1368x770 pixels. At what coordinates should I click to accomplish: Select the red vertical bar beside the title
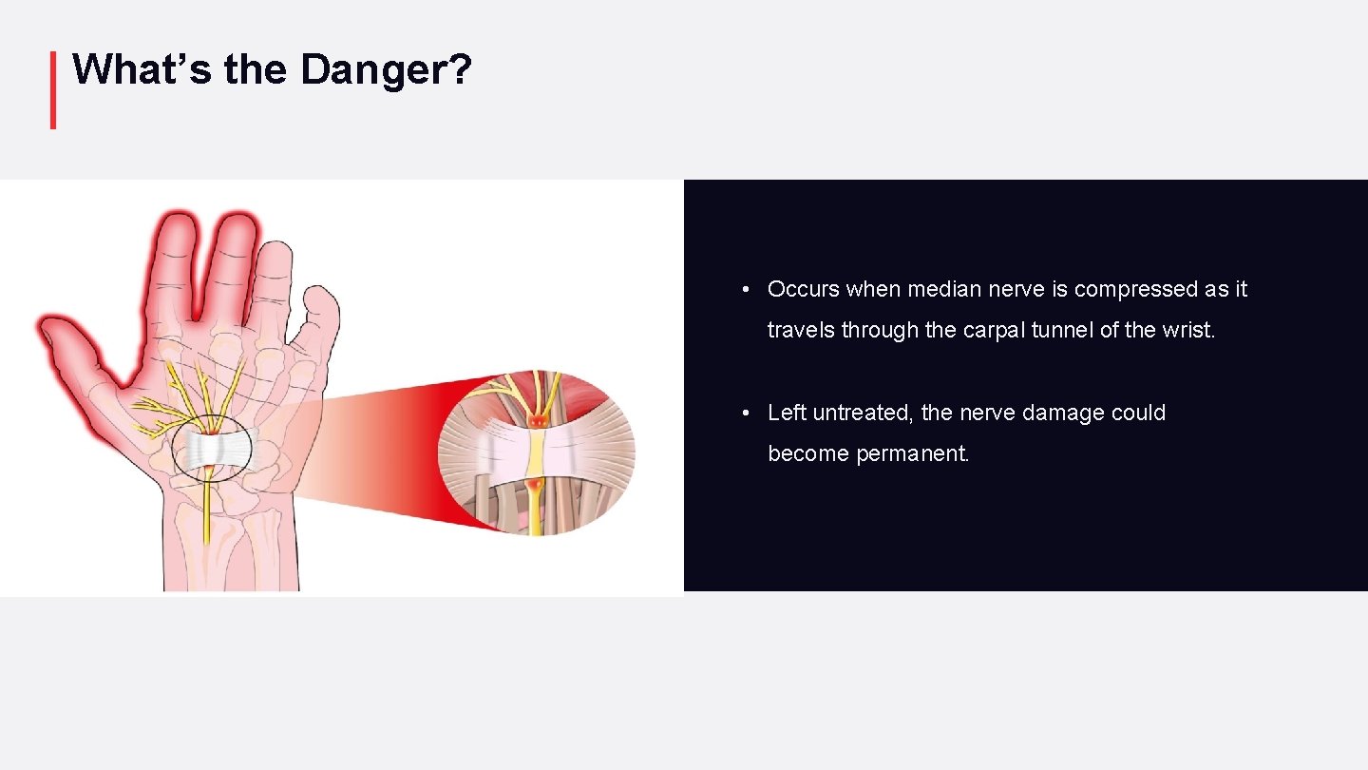[x=53, y=90]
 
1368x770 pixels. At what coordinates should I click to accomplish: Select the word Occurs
[x=803, y=289]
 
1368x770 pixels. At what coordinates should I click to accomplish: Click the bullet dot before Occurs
[x=748, y=289]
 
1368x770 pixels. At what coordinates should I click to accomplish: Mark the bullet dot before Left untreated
[x=748, y=413]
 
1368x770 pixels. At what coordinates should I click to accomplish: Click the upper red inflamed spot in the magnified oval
[x=539, y=417]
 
